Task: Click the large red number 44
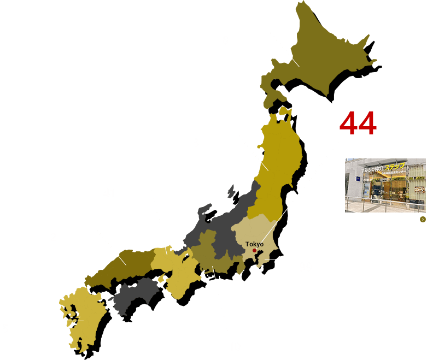coord(357,124)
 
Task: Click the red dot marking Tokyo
coord(254,251)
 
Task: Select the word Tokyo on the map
coord(255,244)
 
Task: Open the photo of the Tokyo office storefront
coord(385,185)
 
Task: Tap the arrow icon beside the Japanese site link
coord(423,219)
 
